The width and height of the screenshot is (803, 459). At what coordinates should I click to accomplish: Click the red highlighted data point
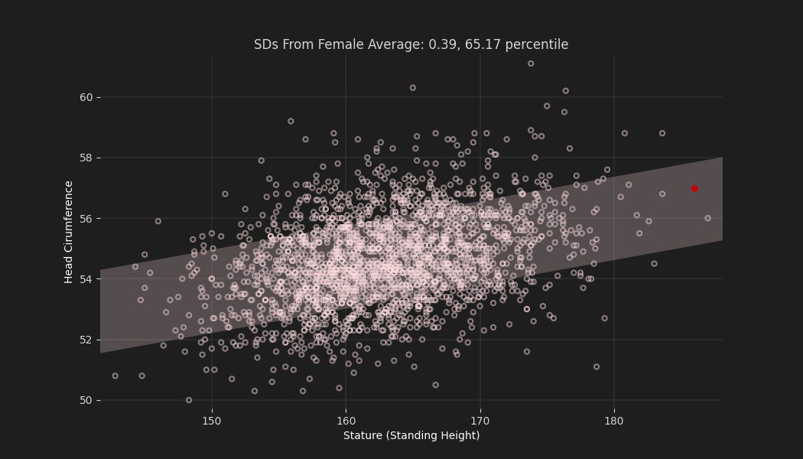[x=694, y=189]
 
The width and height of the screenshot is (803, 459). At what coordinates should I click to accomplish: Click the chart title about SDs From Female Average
[x=411, y=44]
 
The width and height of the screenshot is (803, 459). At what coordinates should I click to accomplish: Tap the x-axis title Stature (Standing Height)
[x=411, y=435]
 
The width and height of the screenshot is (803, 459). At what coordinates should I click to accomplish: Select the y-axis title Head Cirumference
[x=69, y=232]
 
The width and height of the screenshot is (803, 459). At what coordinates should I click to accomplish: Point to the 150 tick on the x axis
[x=212, y=420]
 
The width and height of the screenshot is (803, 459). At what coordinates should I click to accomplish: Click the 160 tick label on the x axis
[x=346, y=420]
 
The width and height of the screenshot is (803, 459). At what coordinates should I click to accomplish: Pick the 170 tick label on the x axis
[x=480, y=420]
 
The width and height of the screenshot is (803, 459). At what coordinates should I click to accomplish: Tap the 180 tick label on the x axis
[x=613, y=420]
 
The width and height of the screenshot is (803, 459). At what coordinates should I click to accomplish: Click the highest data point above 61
[x=531, y=63]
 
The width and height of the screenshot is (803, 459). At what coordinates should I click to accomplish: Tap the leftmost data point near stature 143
[x=115, y=376]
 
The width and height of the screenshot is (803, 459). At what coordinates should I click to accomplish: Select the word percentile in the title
[x=540, y=44]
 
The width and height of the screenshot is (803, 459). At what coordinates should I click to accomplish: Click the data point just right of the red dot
[x=707, y=218]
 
